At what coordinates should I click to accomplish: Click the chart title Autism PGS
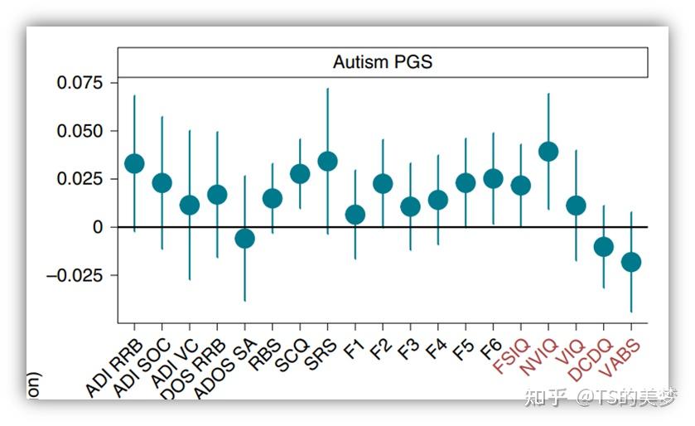(x=382, y=62)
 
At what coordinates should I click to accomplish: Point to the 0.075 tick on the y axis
(x=80, y=83)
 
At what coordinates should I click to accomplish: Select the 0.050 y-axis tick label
(x=80, y=131)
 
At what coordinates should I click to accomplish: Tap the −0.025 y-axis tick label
(x=75, y=275)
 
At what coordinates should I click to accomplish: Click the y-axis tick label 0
(x=98, y=227)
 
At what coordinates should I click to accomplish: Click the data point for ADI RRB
(x=134, y=163)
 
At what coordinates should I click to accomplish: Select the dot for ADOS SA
(x=244, y=239)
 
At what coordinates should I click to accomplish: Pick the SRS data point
(x=327, y=161)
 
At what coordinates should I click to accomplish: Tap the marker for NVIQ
(x=548, y=151)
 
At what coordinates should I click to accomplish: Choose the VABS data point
(x=631, y=262)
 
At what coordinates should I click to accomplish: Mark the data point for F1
(x=355, y=215)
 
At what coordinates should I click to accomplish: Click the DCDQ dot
(x=604, y=246)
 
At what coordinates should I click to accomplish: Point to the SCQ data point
(x=300, y=173)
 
